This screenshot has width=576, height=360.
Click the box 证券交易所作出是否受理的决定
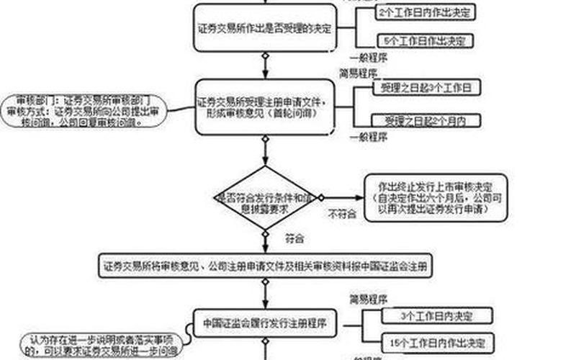[264, 28]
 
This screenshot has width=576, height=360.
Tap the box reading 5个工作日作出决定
[424, 40]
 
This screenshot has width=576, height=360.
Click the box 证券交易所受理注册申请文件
[264, 109]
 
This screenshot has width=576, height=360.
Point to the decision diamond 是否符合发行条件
[265, 197]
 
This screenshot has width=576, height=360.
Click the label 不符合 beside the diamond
[343, 214]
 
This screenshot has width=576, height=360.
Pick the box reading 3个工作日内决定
[436, 315]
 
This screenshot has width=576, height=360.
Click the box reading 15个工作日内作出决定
[436, 340]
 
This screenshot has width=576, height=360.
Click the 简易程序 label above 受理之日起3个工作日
[359, 73]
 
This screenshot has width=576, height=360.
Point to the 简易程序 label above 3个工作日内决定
[369, 298]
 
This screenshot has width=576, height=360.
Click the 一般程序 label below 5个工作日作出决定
[369, 57]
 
